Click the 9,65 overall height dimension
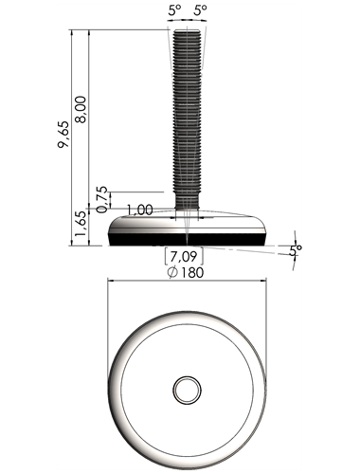tap(63, 135)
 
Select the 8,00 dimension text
tap(81, 110)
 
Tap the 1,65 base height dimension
tap(81, 224)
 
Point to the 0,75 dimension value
tap(102, 200)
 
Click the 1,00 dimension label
tap(140, 210)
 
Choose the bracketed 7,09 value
tap(184, 256)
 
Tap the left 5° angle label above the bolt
tap(174, 10)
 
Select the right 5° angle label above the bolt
tap(200, 10)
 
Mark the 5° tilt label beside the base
tap(296, 250)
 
